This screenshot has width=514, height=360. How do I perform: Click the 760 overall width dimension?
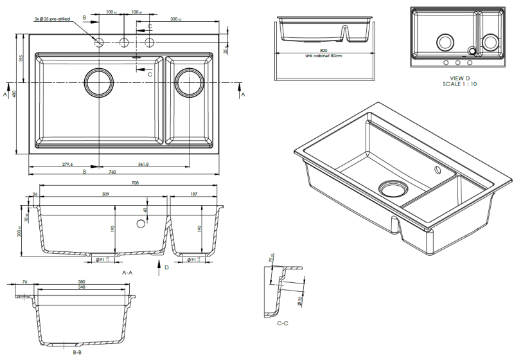tap(112, 172)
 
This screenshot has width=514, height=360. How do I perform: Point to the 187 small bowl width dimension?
tap(194, 194)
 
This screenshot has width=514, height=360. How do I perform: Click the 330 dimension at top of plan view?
tap(174, 19)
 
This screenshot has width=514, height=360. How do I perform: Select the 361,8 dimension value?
tap(143, 165)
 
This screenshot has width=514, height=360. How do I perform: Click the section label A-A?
tap(127, 273)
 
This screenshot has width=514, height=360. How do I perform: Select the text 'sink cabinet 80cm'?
tap(323, 57)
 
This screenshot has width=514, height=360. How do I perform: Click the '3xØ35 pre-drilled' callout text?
tap(52, 19)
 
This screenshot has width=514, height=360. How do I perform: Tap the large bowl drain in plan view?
tap(99, 82)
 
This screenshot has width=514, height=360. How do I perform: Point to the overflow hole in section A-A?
tap(139, 224)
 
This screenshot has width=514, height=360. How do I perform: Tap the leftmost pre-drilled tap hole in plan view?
tap(99, 42)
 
